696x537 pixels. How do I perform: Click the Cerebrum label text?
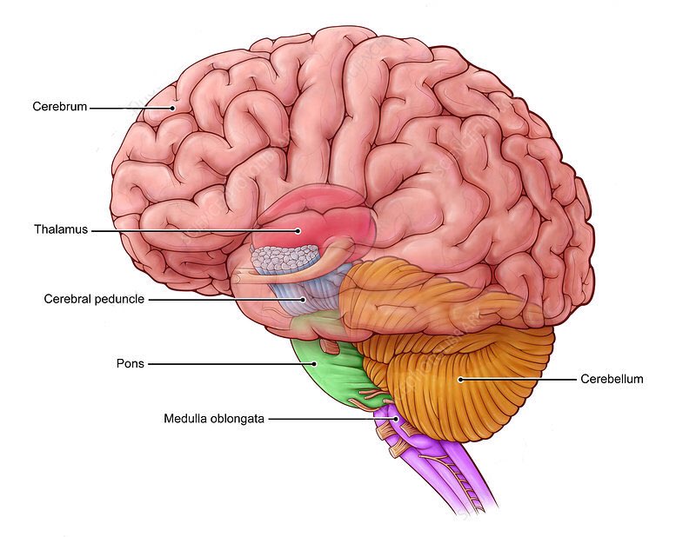[x=59, y=108]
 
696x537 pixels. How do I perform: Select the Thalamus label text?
[x=61, y=230]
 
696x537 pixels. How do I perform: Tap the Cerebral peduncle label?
[x=94, y=299]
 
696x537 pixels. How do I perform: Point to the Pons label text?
[x=130, y=363]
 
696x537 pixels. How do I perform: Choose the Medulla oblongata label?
[x=213, y=418]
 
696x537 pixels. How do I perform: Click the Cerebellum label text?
[x=612, y=379]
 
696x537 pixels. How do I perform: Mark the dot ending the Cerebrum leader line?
[x=173, y=108]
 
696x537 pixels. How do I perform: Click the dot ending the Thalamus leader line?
[x=298, y=230]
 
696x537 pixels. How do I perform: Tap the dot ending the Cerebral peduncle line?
[x=304, y=299]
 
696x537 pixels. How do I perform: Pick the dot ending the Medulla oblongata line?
[x=397, y=418]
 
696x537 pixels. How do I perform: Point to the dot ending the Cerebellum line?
[x=460, y=379]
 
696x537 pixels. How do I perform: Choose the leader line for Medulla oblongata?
[x=331, y=418]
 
